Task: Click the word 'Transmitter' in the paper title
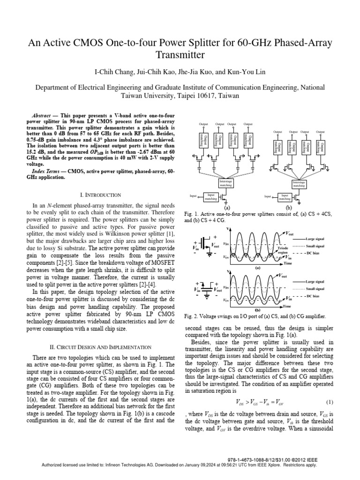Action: point(180,56)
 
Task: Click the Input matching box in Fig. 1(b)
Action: point(284,197)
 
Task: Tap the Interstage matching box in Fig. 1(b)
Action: point(299,183)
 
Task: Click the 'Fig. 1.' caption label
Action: point(191,213)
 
